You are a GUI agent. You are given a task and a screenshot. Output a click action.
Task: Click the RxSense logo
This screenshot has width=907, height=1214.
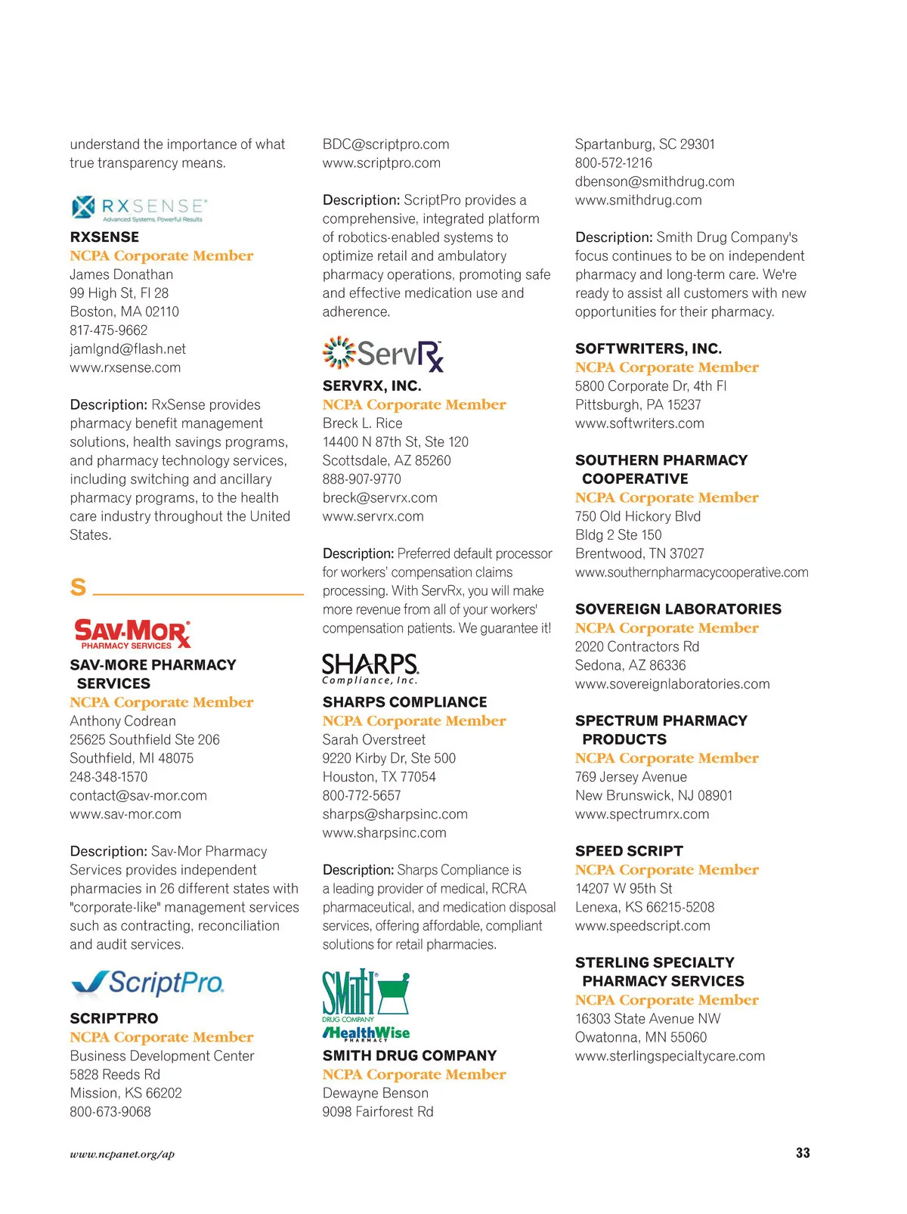click(x=139, y=208)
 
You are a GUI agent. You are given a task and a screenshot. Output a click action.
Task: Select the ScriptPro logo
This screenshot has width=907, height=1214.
click(x=148, y=983)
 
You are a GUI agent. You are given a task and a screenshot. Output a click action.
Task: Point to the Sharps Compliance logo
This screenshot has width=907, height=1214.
click(x=370, y=669)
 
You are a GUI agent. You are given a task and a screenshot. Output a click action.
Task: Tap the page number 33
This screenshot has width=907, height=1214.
click(x=803, y=1153)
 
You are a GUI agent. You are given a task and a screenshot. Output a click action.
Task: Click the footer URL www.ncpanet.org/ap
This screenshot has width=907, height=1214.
click(x=122, y=1154)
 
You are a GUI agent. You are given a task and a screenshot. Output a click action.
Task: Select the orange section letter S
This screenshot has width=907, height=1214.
click(x=78, y=587)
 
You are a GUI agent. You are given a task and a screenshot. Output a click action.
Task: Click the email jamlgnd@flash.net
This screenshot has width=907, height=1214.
click(x=128, y=349)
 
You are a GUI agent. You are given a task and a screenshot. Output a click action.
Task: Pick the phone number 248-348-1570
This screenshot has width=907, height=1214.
click(x=109, y=777)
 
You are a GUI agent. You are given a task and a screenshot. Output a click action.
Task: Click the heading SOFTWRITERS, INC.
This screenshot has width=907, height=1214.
click(x=649, y=349)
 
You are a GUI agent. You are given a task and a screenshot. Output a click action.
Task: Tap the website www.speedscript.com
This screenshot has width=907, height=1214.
click(x=642, y=926)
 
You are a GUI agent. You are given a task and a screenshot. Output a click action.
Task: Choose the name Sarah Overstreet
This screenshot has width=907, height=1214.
click(x=374, y=740)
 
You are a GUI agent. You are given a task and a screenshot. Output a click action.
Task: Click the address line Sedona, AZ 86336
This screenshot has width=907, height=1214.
click(x=630, y=666)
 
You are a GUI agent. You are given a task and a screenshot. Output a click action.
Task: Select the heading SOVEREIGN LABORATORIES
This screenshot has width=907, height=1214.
click(x=678, y=609)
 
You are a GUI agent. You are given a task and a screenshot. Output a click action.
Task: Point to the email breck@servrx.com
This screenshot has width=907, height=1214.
click(x=380, y=498)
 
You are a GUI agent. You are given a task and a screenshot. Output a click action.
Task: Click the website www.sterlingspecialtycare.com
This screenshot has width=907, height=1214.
click(x=670, y=1056)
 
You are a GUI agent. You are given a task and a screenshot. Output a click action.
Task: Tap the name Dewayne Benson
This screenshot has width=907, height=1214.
click(x=376, y=1093)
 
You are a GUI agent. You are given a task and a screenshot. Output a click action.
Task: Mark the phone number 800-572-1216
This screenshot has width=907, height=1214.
click(x=614, y=163)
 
